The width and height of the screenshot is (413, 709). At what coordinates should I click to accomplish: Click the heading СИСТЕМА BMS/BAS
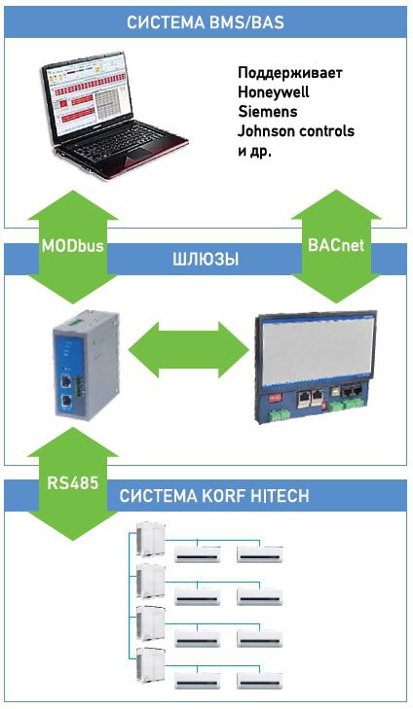(x=206, y=21)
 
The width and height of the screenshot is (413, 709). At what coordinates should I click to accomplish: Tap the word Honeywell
(x=273, y=91)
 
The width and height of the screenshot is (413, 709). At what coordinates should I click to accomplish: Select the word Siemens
(x=268, y=111)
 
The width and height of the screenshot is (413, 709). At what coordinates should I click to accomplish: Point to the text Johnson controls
(x=296, y=130)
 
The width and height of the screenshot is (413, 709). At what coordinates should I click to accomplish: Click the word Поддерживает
(x=290, y=72)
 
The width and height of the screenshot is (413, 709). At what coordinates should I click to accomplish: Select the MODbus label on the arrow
(x=72, y=246)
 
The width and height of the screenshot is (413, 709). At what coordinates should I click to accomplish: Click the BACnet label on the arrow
(x=336, y=245)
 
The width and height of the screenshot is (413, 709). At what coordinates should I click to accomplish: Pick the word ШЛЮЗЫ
(x=206, y=260)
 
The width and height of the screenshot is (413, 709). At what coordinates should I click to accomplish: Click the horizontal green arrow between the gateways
(x=189, y=349)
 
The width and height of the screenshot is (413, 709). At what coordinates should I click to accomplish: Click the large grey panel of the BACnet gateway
(x=317, y=352)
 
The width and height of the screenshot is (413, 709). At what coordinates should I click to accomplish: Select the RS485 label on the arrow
(x=72, y=482)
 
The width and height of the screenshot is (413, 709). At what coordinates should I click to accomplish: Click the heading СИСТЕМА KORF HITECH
(x=214, y=496)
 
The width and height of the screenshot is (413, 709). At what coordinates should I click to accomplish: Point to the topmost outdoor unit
(x=151, y=536)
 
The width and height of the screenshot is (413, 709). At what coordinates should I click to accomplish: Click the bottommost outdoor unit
(x=151, y=664)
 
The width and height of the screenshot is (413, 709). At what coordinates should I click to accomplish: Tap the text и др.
(x=254, y=151)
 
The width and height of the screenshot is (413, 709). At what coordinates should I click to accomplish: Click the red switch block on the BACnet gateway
(x=276, y=398)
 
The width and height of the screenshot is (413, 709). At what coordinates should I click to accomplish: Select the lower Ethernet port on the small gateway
(x=66, y=400)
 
